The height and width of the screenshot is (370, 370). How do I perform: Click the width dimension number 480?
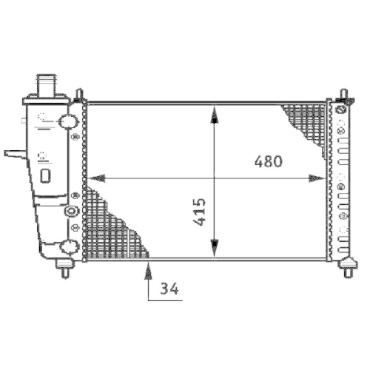point(269,161)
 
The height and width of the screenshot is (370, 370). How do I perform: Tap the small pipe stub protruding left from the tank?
point(13,154)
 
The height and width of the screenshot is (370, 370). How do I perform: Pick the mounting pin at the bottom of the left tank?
point(65,267)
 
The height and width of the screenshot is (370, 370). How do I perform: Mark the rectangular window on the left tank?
point(45,175)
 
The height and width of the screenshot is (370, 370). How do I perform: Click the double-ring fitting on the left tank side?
point(72,212)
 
